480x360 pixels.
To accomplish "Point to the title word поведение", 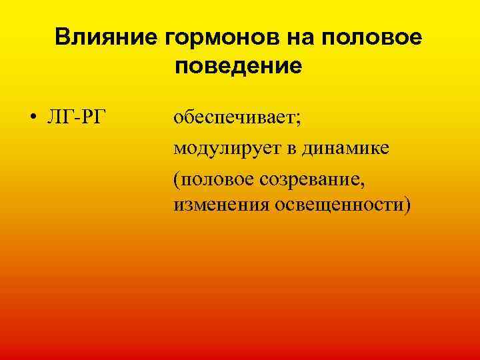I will pos(239,67).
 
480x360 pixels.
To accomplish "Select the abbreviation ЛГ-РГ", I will pos(75,118).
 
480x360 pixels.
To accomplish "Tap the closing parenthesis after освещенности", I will pos(407,204).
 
